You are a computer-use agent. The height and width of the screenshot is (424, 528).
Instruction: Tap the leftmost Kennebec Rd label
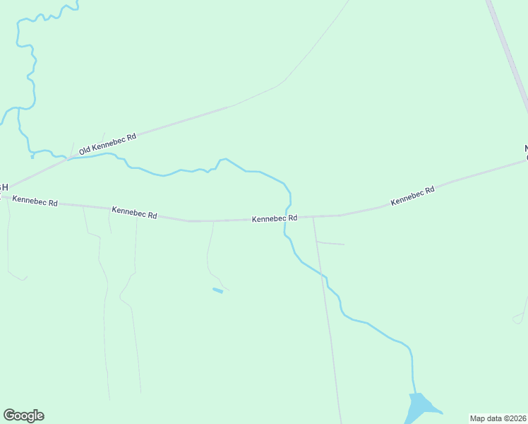coord(35,202)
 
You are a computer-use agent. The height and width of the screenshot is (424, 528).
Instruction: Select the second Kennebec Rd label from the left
coord(134,212)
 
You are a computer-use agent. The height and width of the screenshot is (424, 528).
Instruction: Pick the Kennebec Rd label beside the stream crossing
coord(275,219)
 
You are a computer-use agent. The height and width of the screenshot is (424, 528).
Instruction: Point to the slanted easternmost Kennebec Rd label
coord(412,196)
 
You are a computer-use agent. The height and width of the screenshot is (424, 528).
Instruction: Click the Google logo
coord(23,416)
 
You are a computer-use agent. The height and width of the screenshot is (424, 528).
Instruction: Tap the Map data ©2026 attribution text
coord(498,418)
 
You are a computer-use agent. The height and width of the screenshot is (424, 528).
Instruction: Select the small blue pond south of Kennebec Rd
coord(218,290)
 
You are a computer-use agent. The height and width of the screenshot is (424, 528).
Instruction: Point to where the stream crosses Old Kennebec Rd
coord(68,158)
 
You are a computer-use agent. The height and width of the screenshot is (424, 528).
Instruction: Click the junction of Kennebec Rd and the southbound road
coord(313,217)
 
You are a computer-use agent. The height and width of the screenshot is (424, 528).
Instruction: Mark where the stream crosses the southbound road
coord(325,278)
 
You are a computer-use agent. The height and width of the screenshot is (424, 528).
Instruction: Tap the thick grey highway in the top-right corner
coord(508,53)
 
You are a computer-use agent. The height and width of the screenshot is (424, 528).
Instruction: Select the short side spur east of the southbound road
coord(330,243)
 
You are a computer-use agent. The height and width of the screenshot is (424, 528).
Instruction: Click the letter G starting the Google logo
coord(9,416)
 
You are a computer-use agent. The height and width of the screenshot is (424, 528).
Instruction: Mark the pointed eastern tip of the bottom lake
coord(443,413)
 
